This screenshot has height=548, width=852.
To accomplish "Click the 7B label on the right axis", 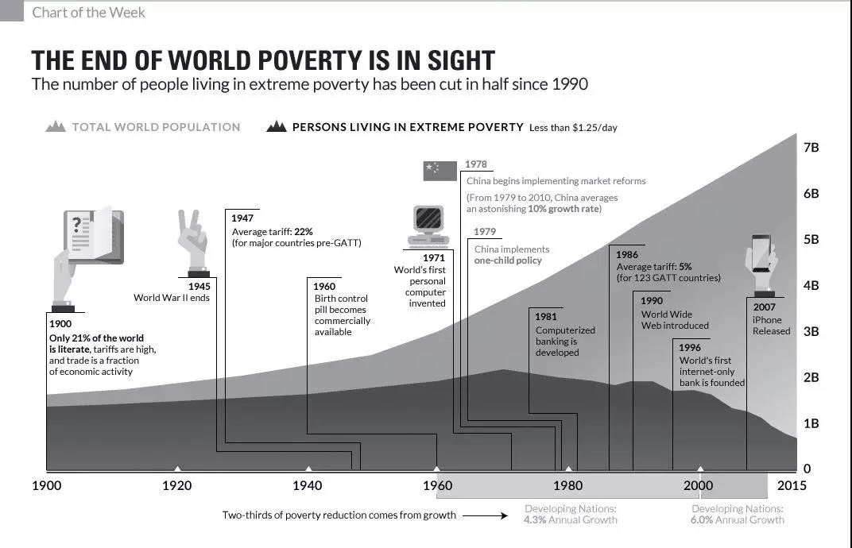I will pos(811,148).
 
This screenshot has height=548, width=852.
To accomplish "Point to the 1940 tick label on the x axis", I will pos(308,485).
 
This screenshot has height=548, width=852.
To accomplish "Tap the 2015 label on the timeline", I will pos(792,485).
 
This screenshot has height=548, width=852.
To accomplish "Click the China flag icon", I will pos(440,171).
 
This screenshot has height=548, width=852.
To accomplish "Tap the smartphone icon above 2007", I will pos(761,263).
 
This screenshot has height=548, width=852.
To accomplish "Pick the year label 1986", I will pos(627,256).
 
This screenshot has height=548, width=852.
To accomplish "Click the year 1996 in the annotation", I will pos(690,348).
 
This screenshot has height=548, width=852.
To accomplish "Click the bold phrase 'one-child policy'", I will pos(508,260).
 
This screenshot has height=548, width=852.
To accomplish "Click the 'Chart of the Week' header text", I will pos(89,13).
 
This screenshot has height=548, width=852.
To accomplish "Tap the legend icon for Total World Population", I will pos(56,126).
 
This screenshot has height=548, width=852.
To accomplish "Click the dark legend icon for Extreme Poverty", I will pos(277,126).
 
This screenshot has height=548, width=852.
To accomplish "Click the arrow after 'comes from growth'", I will pos(485,515).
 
